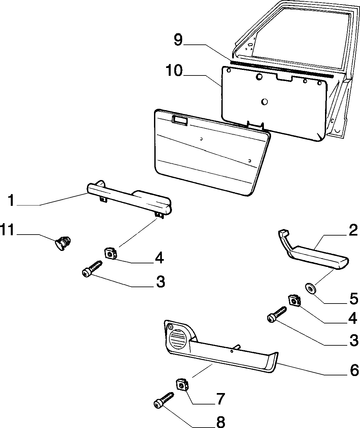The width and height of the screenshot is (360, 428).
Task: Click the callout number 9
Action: (178, 40)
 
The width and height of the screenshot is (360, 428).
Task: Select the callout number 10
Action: (174, 70)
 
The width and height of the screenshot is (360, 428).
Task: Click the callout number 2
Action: (353, 230)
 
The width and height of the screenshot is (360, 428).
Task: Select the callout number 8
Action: (220, 421)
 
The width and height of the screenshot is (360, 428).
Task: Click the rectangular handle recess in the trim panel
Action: (180, 120)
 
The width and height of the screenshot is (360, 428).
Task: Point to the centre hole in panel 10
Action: (265, 102)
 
